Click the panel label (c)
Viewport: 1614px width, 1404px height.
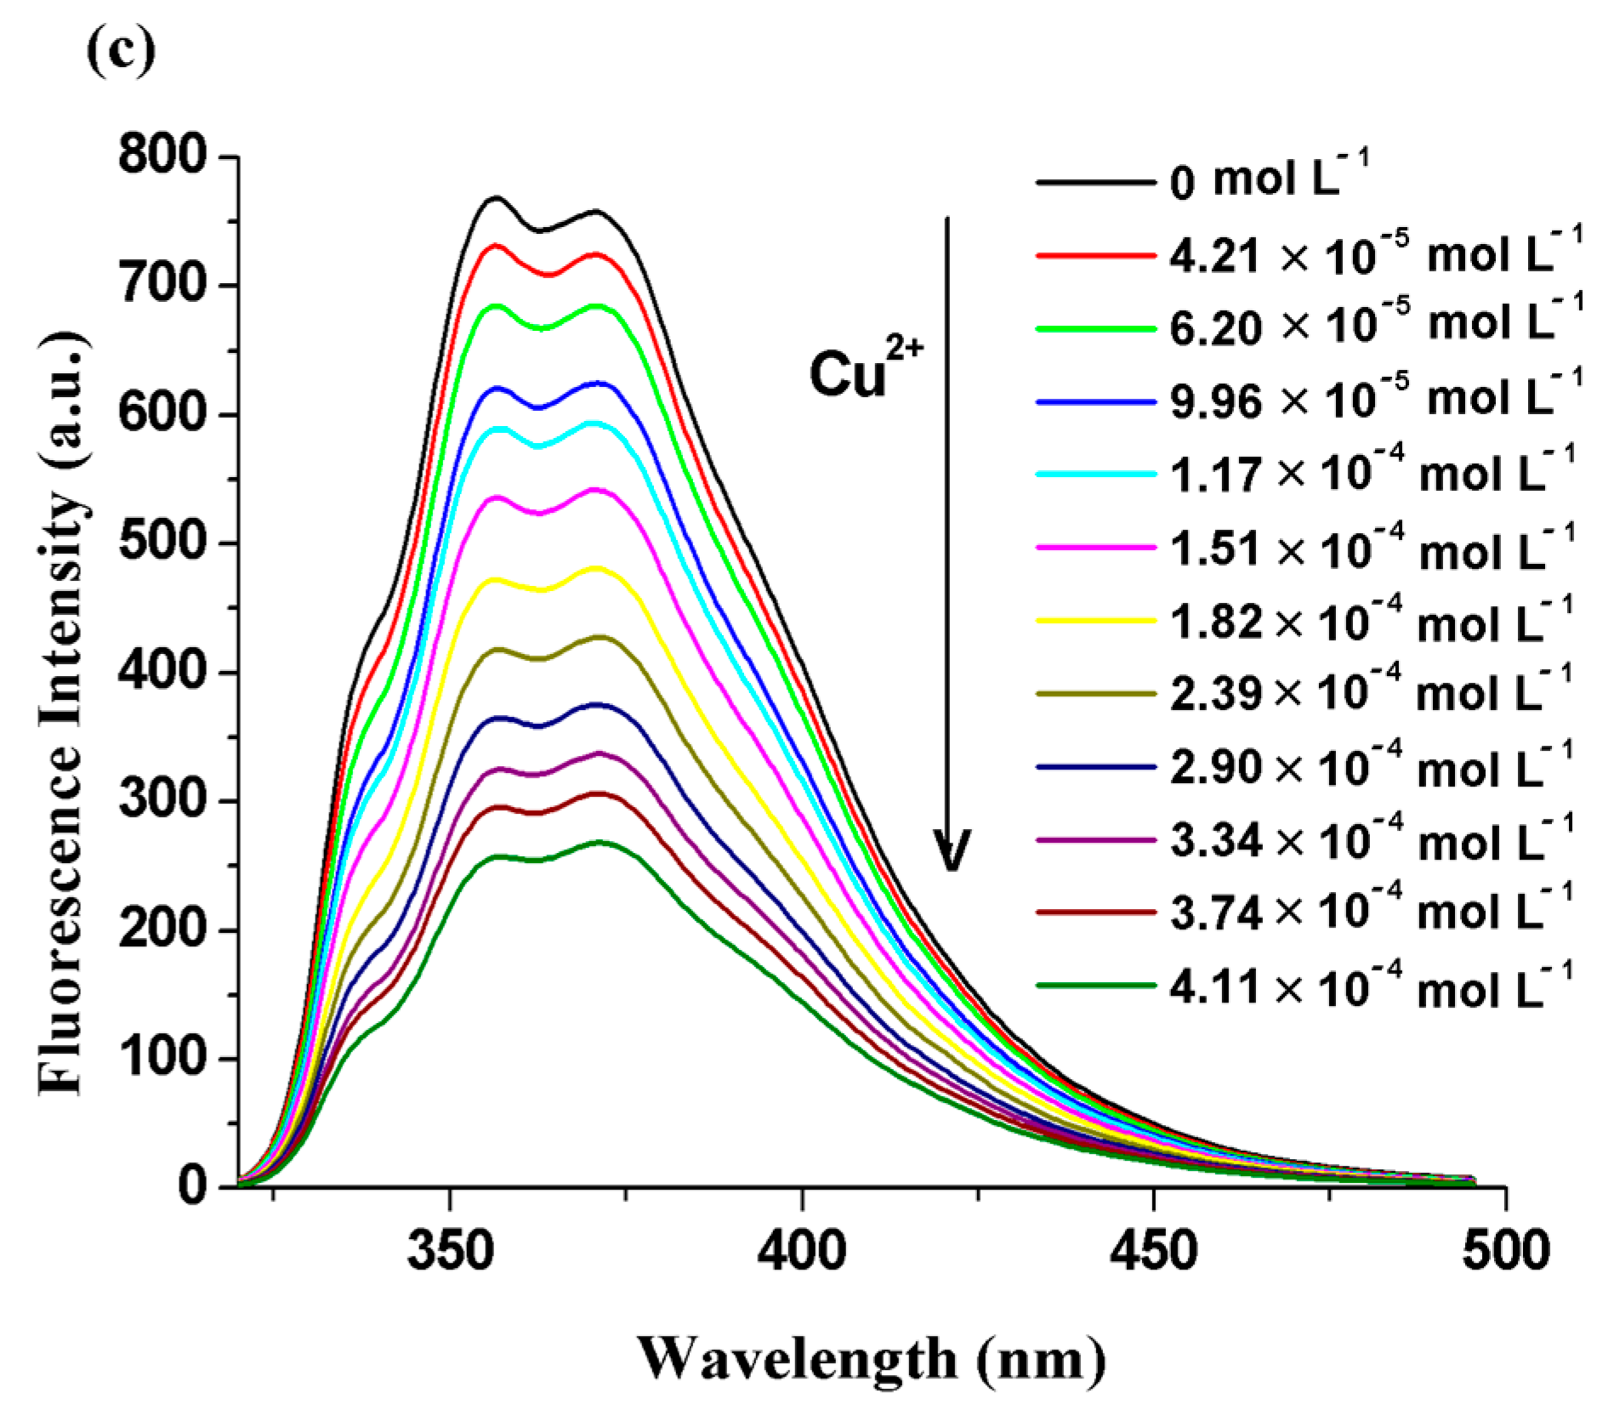click(122, 53)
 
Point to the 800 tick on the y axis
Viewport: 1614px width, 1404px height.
click(162, 156)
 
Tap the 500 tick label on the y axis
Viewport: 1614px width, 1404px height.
click(162, 543)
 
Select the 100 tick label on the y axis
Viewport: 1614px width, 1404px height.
click(162, 1058)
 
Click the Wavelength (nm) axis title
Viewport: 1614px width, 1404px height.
click(871, 1358)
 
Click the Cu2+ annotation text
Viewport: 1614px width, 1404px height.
click(864, 372)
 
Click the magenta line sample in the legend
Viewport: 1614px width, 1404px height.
click(1096, 548)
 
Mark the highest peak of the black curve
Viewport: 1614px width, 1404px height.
click(495, 198)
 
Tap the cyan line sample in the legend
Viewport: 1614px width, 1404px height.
click(1096, 474)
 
